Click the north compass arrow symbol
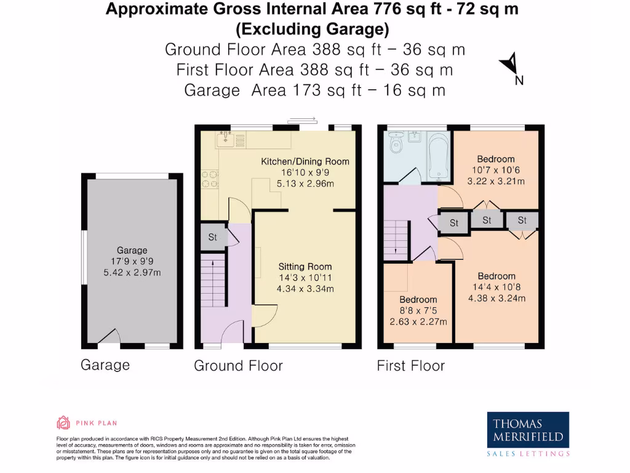[x=509, y=63]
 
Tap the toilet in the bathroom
[x=396, y=144]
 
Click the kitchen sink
[x=227, y=141]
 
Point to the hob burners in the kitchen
[x=210, y=178]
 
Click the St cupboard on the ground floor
[x=213, y=237]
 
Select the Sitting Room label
[x=305, y=267]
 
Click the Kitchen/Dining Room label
[x=305, y=161]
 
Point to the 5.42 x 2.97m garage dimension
[x=132, y=272]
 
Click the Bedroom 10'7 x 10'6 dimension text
[x=495, y=170]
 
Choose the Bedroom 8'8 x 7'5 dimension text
[x=418, y=310]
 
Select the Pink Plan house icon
[x=63, y=422]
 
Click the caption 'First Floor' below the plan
[x=410, y=366]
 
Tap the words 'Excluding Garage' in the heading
[x=312, y=29]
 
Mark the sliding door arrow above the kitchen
[x=302, y=120]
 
